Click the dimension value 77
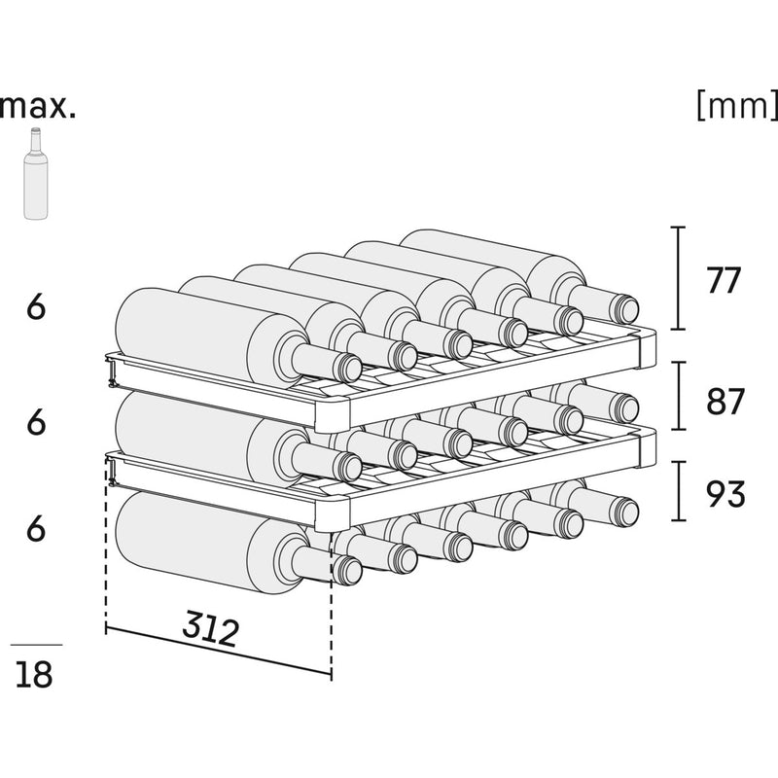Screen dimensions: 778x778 [x=725, y=281]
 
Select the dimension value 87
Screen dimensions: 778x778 [x=725, y=402]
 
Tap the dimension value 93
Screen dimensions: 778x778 [x=725, y=494]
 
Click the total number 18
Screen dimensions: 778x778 [x=35, y=674]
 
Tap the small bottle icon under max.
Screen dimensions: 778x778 [x=36, y=175]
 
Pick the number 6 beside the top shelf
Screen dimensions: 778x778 [x=36, y=307]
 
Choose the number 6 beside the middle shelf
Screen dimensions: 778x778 [x=36, y=424]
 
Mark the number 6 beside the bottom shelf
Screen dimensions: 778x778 [x=36, y=528]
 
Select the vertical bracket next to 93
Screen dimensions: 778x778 [x=679, y=492]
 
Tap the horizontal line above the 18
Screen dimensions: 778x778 [x=36, y=645]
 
